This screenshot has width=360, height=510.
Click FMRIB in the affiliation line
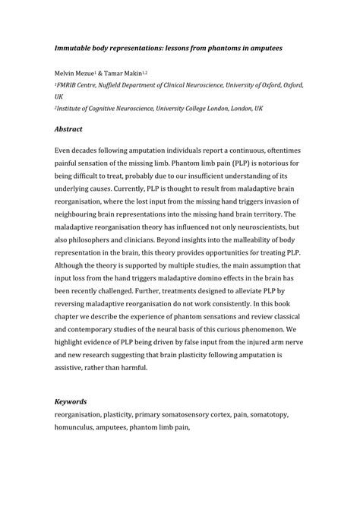tap(70, 87)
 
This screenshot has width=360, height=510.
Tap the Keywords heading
tap(71, 401)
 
